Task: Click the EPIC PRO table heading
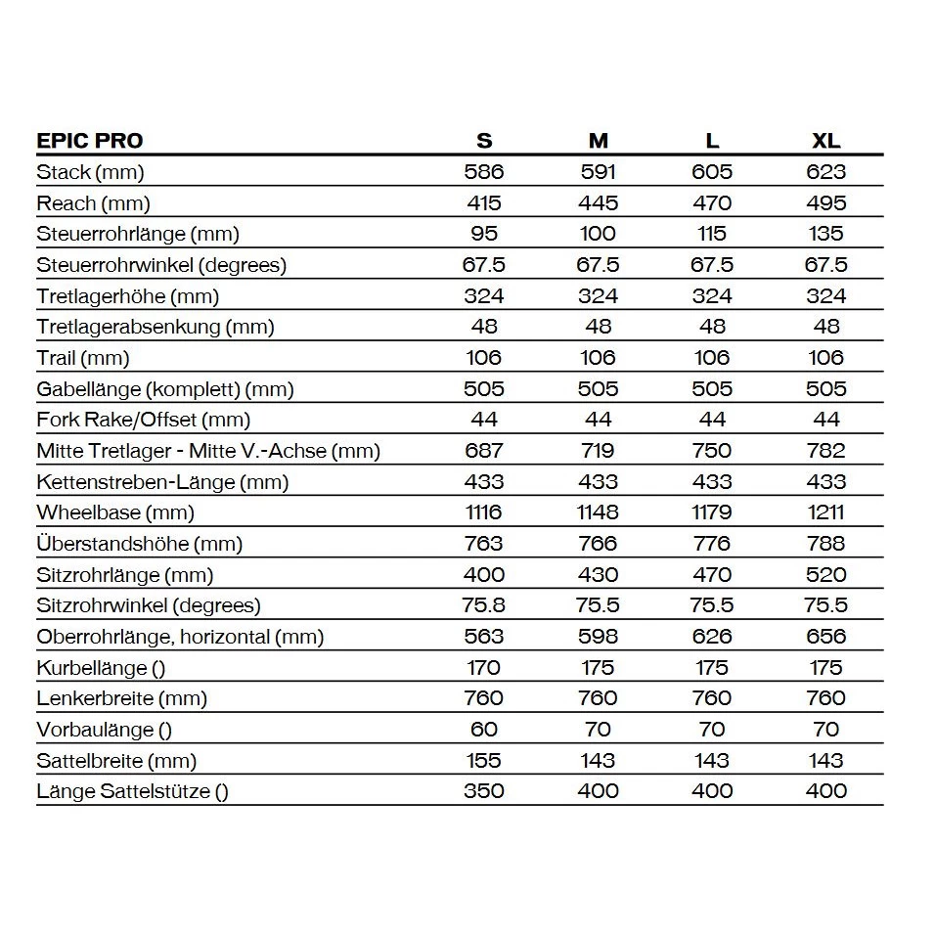(90, 140)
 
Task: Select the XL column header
(825, 140)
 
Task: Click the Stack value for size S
(483, 172)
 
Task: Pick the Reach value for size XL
(825, 203)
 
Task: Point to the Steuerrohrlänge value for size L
(712, 234)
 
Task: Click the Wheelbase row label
(115, 512)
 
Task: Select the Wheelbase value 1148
(598, 512)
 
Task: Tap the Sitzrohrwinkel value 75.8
(483, 605)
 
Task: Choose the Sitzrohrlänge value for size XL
(825, 575)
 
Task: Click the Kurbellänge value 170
(483, 668)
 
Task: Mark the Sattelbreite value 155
(483, 761)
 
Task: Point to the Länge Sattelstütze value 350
(483, 791)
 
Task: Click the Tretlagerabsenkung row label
(156, 327)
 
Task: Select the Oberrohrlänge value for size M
(598, 637)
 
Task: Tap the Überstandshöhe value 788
(825, 544)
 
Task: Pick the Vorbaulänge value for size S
(483, 730)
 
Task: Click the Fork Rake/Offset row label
(144, 420)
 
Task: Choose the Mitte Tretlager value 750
(712, 451)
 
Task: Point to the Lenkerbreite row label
(122, 698)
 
